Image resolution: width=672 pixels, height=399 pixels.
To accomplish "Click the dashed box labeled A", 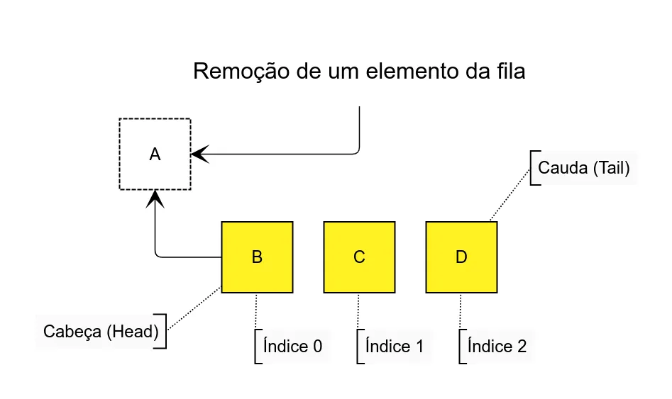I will [155, 154].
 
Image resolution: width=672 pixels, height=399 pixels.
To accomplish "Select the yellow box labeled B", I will [257, 257].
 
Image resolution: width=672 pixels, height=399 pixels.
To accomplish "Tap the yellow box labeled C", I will [359, 257].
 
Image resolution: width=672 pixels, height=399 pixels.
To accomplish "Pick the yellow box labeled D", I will [461, 257].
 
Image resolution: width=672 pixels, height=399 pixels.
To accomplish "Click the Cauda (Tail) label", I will [583, 169].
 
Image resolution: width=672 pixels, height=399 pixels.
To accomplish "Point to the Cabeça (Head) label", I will [101, 332].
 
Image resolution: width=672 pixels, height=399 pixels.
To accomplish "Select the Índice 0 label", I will [292, 347].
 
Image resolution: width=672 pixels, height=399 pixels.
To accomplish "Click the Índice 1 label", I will [395, 347].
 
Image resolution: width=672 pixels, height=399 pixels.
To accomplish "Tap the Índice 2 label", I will [497, 347].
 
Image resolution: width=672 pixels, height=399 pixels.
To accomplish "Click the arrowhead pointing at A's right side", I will [200, 154].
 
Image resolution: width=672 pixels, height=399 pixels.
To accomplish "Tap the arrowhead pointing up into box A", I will [155, 198].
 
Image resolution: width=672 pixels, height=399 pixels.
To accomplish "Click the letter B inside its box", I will [257, 257].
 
